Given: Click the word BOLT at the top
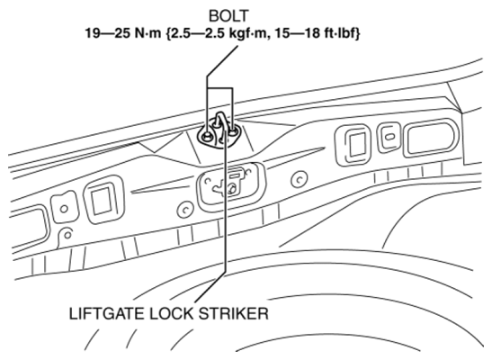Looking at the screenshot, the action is (x=228, y=16).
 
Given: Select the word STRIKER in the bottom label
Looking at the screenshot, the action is (x=234, y=313).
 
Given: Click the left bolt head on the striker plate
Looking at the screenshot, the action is (x=207, y=136).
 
